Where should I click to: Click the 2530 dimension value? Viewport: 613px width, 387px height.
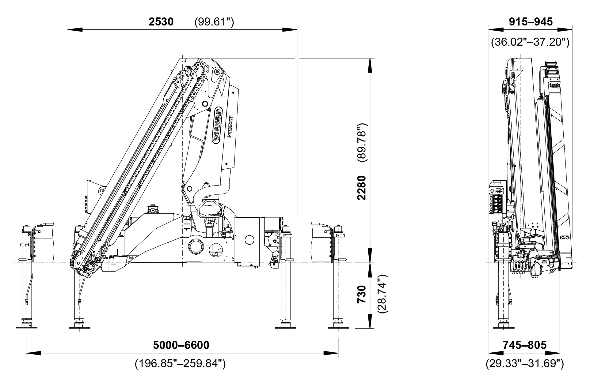[x=161, y=22]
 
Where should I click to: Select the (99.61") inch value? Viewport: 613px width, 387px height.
[x=214, y=22]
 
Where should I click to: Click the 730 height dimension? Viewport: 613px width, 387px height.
[x=362, y=294]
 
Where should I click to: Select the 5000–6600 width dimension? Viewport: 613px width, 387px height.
[x=181, y=345]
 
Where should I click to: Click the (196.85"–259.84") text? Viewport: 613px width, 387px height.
[x=180, y=363]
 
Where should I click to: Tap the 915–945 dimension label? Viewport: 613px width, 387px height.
[x=531, y=22]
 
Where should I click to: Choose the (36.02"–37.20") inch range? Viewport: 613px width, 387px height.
[x=530, y=42]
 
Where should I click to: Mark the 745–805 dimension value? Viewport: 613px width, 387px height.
[x=524, y=345]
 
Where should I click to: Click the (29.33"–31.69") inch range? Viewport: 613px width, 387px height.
[x=524, y=363]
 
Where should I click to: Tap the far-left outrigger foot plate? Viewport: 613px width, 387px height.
[x=27, y=327]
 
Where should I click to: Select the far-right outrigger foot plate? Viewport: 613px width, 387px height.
[x=338, y=327]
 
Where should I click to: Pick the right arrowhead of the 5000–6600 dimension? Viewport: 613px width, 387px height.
[x=331, y=353]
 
